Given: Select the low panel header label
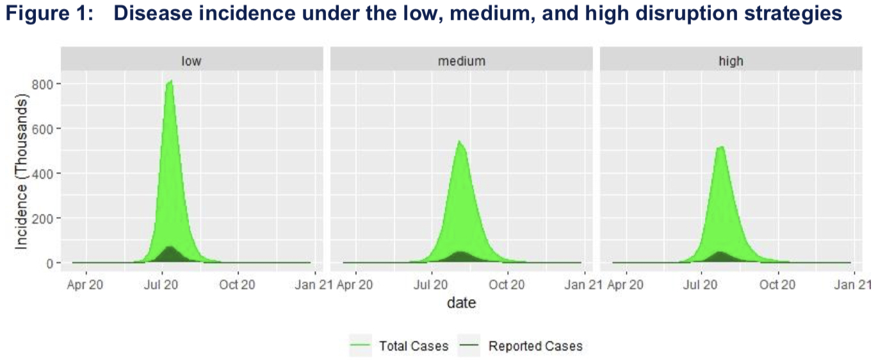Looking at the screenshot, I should tap(191, 61).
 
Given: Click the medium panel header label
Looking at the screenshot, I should tap(461, 61).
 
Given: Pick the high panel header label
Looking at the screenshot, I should tap(731, 61).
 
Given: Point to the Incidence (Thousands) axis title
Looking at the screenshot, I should tap(22, 173).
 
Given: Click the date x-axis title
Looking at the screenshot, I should tap(461, 302).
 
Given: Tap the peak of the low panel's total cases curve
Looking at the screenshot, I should tap(170, 81).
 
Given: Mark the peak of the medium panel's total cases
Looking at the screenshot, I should tap(459, 142).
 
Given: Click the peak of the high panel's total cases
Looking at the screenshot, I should tap(721, 147).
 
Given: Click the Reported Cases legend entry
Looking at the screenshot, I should tap(535, 347).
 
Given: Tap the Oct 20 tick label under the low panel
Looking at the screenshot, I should tap(238, 284).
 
